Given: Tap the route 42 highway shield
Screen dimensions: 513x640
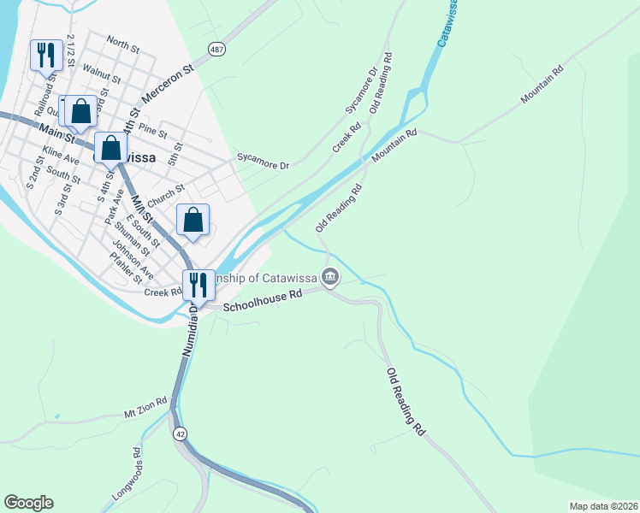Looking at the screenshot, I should tap(179, 433).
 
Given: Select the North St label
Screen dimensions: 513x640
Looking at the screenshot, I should tap(123, 45).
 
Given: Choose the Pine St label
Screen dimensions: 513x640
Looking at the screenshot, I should tap(152, 128).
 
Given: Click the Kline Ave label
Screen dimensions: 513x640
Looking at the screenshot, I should tap(60, 157).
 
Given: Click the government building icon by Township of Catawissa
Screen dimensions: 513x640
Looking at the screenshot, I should tap(330, 276).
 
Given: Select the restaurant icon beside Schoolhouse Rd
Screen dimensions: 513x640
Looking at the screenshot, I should tap(198, 284).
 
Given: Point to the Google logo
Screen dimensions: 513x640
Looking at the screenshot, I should tap(28, 503).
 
